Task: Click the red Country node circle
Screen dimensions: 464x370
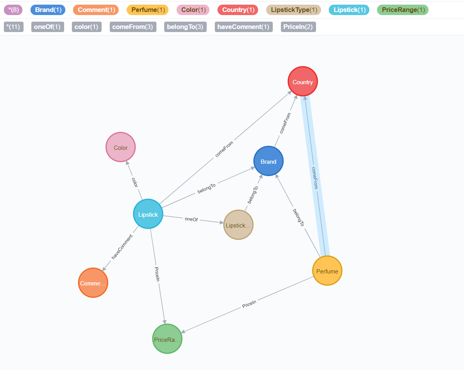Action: point(303,81)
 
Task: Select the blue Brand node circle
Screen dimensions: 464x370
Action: point(269,161)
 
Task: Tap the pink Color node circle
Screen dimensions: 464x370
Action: point(121,147)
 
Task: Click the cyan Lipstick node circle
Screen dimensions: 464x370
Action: point(148,214)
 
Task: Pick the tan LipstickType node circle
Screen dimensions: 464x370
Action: point(238,225)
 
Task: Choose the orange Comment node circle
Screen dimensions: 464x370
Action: point(93,283)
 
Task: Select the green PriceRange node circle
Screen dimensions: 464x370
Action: point(167,339)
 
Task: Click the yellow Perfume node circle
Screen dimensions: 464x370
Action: point(327,271)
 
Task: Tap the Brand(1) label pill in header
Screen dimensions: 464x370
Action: point(48,10)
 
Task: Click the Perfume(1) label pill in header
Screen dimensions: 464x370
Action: point(148,10)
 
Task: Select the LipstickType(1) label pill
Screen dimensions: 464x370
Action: point(294,10)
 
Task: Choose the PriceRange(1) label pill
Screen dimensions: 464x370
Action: point(403,10)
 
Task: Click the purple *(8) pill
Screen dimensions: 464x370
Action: point(13,10)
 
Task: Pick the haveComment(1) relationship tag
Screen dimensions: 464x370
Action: point(243,27)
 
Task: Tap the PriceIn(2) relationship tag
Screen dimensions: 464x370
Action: point(298,27)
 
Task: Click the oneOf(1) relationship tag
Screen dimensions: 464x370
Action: point(47,27)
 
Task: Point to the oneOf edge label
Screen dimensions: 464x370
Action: point(191,219)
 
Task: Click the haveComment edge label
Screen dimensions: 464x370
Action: point(122,247)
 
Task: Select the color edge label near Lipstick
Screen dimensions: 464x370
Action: point(134,182)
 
